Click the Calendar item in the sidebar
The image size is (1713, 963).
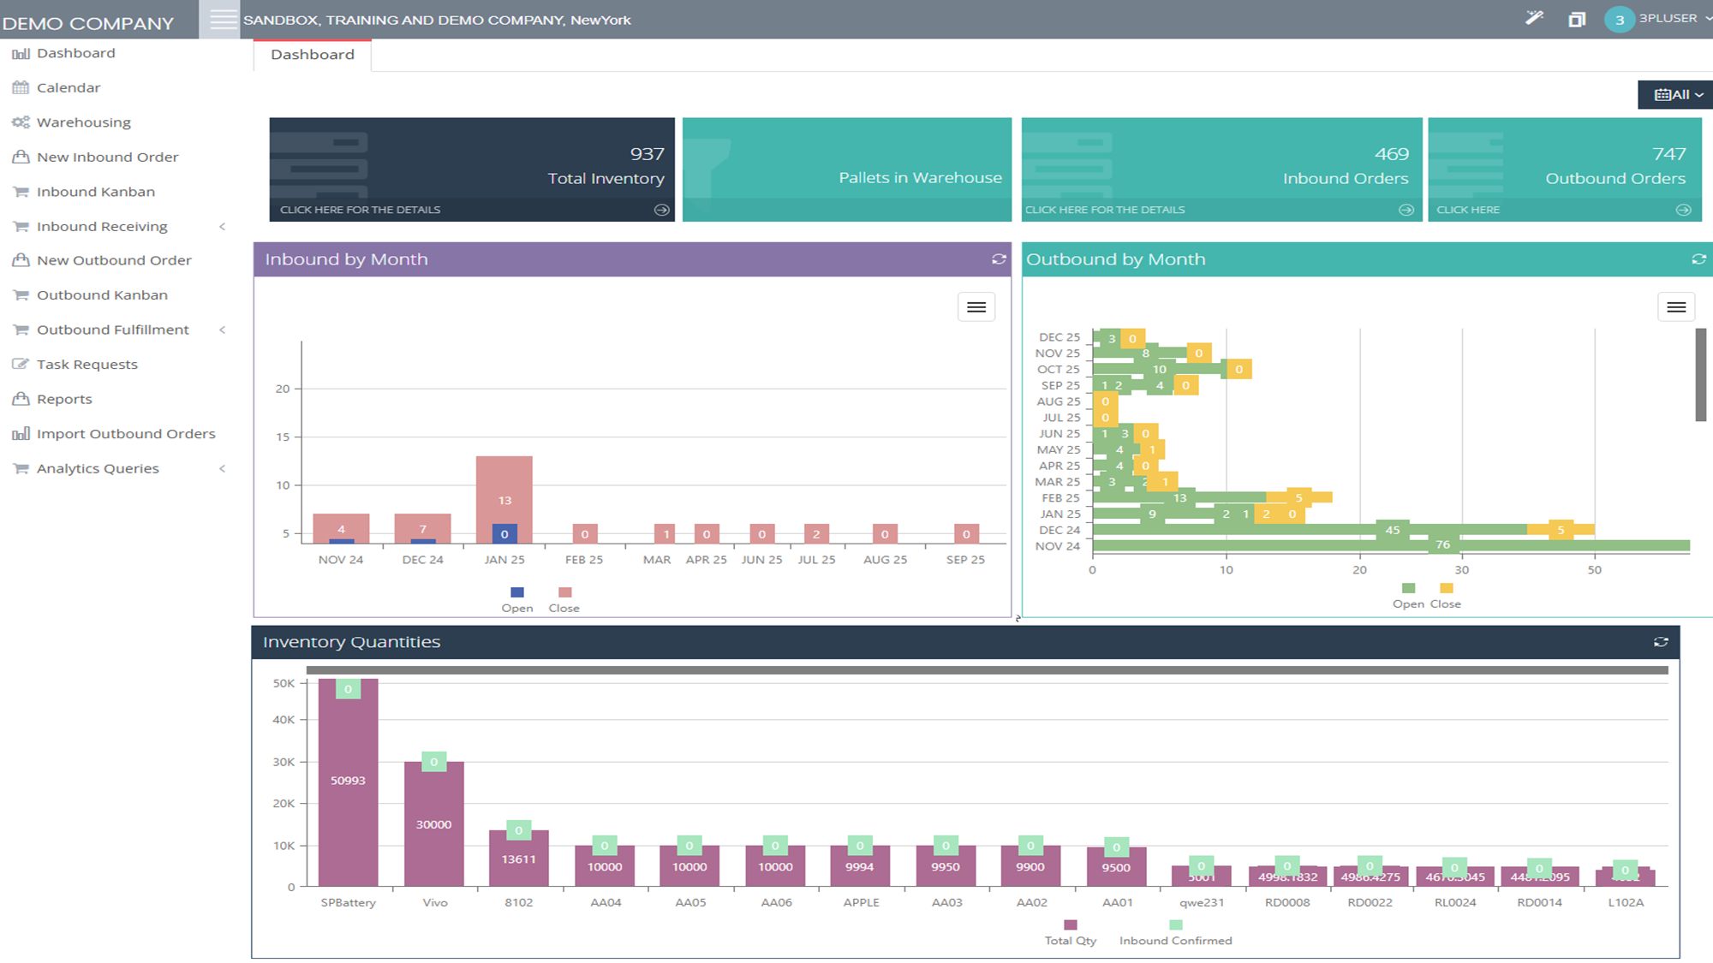pos(68,87)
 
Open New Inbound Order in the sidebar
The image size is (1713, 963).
pos(107,157)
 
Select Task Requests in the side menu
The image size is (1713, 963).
pos(87,364)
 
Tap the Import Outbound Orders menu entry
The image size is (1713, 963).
pos(125,433)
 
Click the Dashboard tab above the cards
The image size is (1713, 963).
pos(312,55)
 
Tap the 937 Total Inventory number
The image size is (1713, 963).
pos(647,154)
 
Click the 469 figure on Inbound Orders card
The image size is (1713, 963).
pos(1391,154)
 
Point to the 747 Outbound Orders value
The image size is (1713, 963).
pos(1668,154)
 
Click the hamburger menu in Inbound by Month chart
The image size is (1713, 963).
pos(976,307)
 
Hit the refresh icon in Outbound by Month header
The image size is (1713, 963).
pos(1698,259)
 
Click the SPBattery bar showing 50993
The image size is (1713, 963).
pos(348,781)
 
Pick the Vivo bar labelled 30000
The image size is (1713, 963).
pos(433,823)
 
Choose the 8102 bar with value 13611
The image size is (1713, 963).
pos(518,859)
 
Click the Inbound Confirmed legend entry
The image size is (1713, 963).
pos(1175,940)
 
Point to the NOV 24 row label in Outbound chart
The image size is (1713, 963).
pos(1057,546)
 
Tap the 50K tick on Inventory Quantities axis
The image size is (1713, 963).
pos(284,683)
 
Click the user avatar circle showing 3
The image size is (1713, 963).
pos(1619,20)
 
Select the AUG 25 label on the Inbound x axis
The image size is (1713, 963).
pos(885,560)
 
